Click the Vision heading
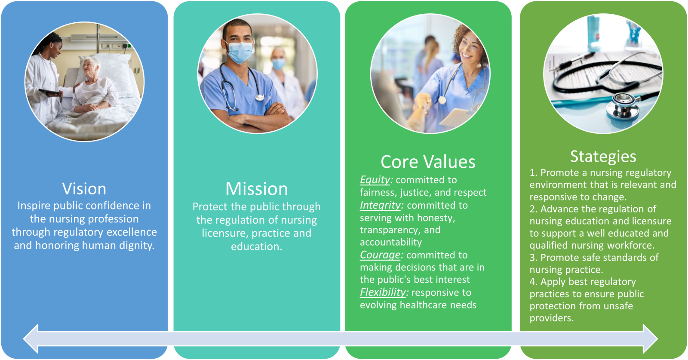[x=84, y=188]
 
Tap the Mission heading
[x=257, y=188]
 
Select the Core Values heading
[x=428, y=162]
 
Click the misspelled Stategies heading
[x=603, y=157]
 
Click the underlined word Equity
[x=375, y=180]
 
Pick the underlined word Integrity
[x=380, y=205]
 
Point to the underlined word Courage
[x=380, y=255]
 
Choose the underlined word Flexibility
[x=383, y=292]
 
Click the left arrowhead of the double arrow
[x=31, y=338]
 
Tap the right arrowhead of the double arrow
[x=650, y=338]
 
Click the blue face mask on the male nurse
[x=239, y=52]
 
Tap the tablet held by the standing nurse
[x=49, y=92]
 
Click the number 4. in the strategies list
[x=534, y=282]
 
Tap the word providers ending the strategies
[x=552, y=318]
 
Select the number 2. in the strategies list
[x=534, y=209]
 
